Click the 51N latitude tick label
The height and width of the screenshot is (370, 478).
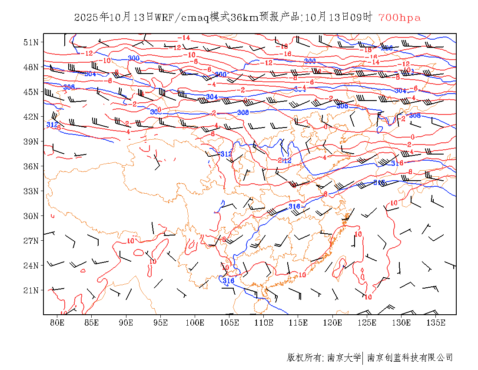[x=31, y=42]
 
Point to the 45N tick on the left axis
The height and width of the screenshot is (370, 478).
[x=31, y=92]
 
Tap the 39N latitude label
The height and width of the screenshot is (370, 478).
[x=31, y=141]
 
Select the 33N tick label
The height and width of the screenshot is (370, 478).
[x=31, y=191]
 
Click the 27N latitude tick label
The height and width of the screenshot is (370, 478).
[x=31, y=241]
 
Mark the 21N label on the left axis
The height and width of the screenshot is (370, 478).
[x=31, y=290]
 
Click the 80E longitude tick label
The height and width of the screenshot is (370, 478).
[x=57, y=323]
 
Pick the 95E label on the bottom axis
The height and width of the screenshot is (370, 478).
[x=161, y=323]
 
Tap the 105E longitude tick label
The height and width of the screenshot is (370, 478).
[x=229, y=323]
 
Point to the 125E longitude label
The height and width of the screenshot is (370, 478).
[x=367, y=323]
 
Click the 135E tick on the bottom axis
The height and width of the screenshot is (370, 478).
[x=436, y=323]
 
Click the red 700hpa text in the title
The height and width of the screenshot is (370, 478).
[x=399, y=18]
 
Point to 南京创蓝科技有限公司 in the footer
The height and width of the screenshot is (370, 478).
[x=410, y=358]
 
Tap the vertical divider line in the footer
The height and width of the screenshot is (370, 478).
[x=363, y=358]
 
